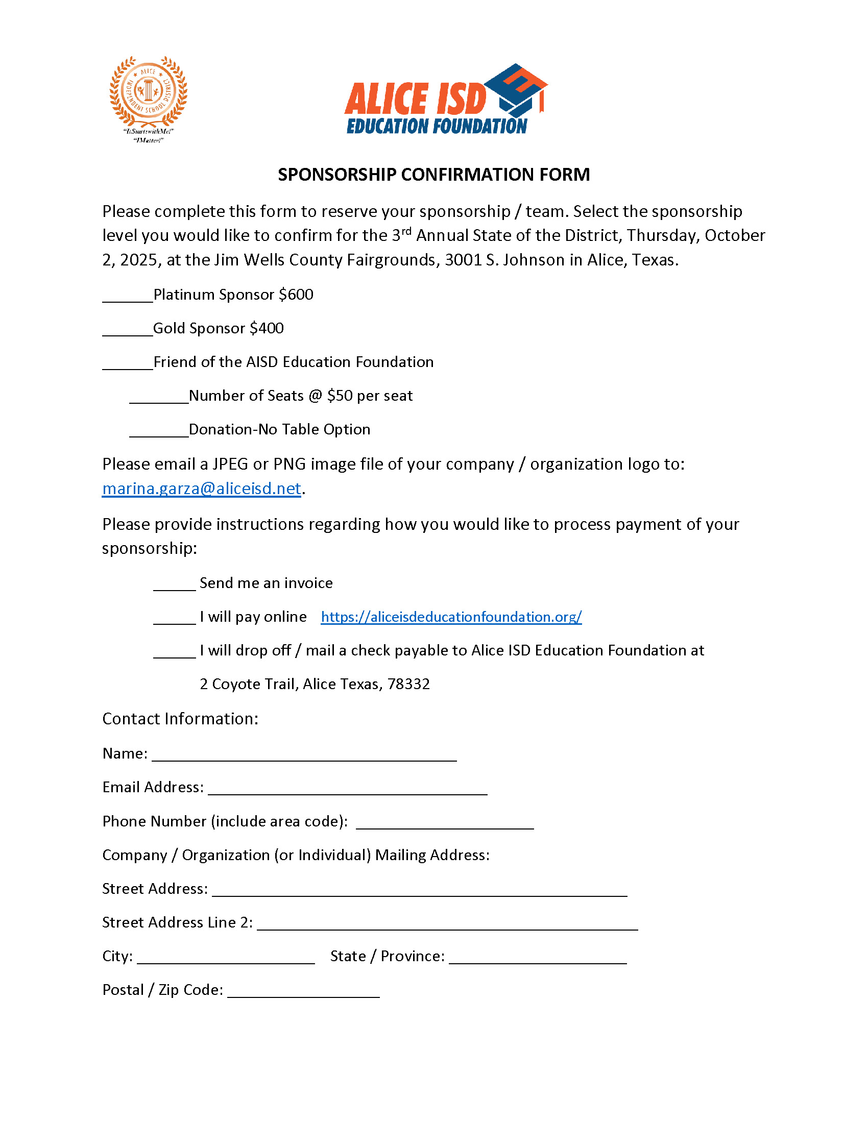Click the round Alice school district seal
click(148, 92)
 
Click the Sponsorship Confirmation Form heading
click(433, 175)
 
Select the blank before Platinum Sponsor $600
click(128, 297)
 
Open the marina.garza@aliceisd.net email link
click(202, 489)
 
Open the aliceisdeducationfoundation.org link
click(451, 617)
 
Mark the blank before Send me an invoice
click(174, 585)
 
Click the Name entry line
click(304, 755)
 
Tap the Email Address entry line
click(348, 789)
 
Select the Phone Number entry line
click(445, 823)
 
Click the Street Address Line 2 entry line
click(447, 924)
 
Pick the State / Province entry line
click(538, 958)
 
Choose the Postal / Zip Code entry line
click(303, 992)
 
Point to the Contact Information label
click(180, 719)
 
